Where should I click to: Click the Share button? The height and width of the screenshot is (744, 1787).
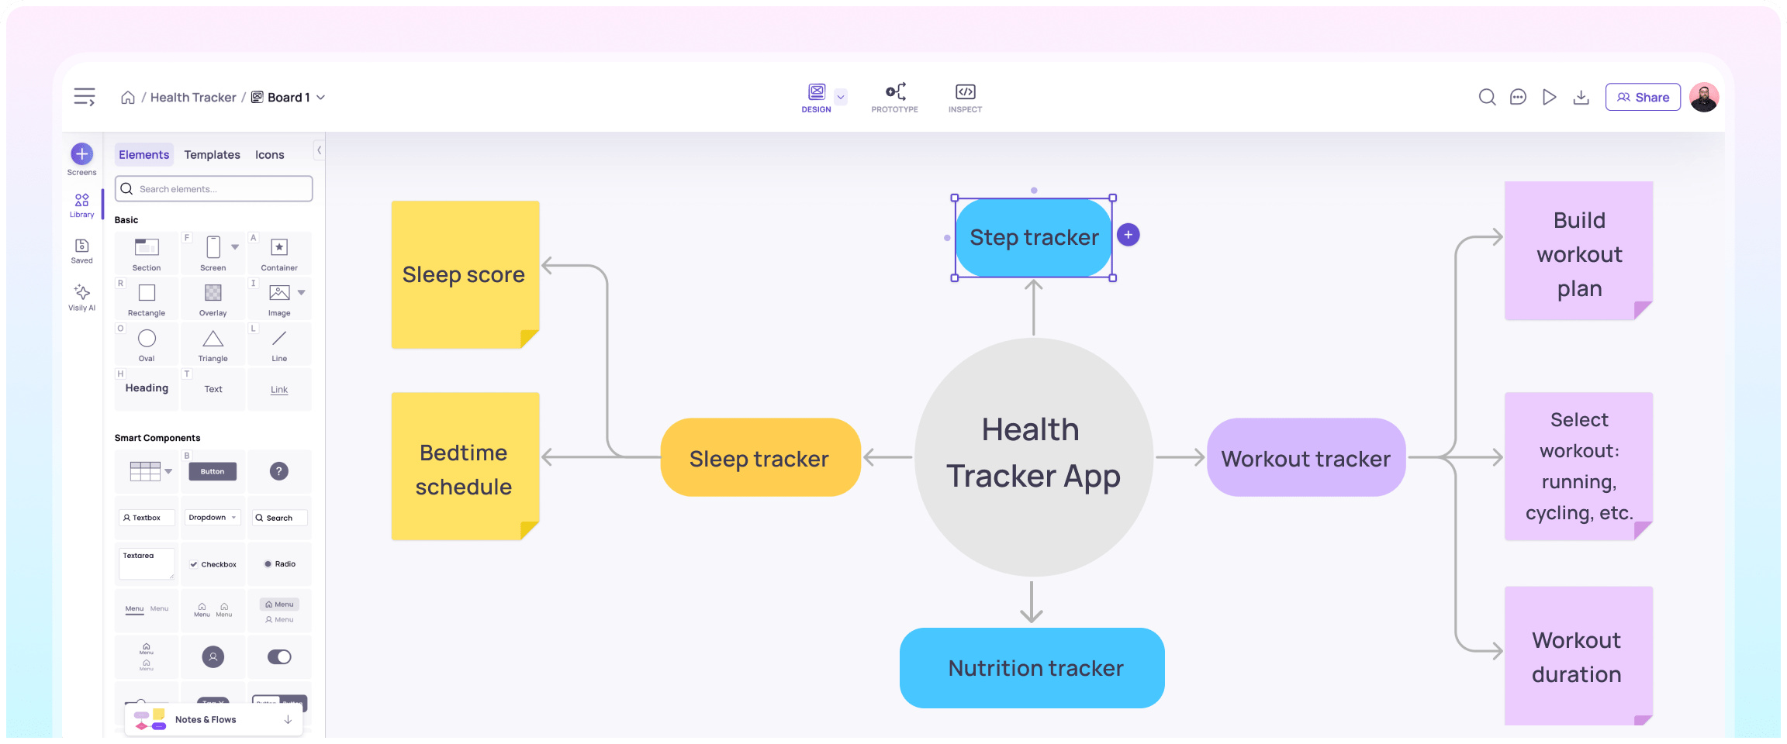coord(1642,98)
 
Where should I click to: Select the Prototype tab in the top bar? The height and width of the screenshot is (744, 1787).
coord(894,98)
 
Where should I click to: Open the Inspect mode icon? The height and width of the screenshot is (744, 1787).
coord(965,98)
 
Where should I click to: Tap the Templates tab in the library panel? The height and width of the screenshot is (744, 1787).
coord(212,155)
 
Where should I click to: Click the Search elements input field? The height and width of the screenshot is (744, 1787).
coord(214,189)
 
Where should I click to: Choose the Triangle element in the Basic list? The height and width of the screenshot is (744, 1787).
coord(213,344)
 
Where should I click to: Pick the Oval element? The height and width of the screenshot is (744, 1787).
coord(147,344)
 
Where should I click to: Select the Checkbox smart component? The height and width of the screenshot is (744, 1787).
coord(213,564)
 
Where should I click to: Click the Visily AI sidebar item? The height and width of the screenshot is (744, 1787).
coord(81,297)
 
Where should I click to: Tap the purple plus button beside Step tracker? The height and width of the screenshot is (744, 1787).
coord(1129,235)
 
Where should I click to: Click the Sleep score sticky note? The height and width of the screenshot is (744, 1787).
coord(465,274)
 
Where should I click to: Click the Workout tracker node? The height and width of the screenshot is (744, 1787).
coord(1306,458)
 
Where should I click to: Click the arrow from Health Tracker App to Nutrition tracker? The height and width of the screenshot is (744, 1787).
coord(1032,601)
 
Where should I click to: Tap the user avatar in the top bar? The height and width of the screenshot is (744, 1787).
coord(1704,98)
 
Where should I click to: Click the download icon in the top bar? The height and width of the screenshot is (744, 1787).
coord(1581,98)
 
